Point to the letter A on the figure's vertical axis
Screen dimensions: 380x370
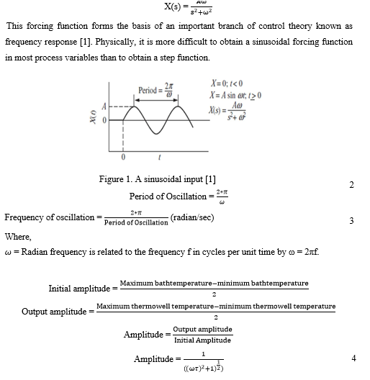(x=104, y=105)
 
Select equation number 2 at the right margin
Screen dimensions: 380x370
(x=351, y=185)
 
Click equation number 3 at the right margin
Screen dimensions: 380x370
(x=351, y=220)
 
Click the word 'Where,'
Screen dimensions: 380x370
(x=17, y=234)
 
